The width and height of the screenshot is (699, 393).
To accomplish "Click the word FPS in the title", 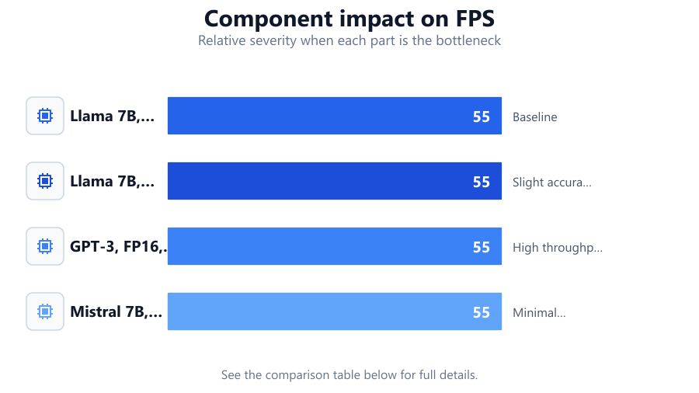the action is pos(475,19).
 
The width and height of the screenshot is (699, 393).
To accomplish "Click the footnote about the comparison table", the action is pos(349,374).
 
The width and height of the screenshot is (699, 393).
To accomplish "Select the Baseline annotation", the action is pos(535,117).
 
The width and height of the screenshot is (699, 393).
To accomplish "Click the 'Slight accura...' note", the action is pos(552,183).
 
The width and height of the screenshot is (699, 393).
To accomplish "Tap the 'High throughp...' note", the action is pos(557,247).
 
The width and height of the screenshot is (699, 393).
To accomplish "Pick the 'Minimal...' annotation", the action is pos(539,313).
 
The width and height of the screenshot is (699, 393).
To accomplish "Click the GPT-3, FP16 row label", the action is pos(119,246).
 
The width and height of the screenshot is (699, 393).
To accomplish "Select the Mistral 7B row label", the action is pos(116,311).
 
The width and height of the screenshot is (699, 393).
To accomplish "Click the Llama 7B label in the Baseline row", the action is pos(113,116).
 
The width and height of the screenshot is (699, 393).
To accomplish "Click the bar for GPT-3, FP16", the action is pos(334,246).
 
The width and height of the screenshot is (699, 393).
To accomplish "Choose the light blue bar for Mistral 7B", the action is pos(334,311).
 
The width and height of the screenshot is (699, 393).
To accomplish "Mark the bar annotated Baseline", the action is pos(334,116).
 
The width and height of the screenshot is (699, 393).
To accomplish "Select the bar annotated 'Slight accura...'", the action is pos(334,181).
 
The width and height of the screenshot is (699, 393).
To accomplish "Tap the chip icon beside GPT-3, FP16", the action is pos(45,246).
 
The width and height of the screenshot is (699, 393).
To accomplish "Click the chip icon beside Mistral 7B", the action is pos(45,311).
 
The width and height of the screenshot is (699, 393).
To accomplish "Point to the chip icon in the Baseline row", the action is pos(45,116).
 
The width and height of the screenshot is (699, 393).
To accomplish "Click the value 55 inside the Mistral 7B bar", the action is pos(482,312).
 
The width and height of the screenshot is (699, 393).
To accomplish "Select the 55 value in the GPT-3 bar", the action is pos(482,247).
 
